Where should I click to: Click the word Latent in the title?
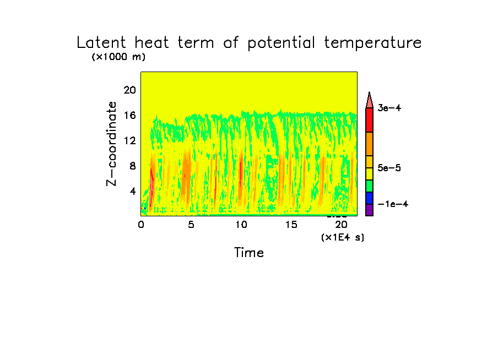(x=101, y=42)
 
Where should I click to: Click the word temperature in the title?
(x=372, y=42)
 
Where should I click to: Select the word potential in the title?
(x=281, y=43)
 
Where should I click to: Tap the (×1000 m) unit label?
(x=118, y=57)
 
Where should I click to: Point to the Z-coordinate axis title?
(x=111, y=144)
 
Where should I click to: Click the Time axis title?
(x=249, y=253)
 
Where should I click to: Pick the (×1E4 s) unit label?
(x=343, y=237)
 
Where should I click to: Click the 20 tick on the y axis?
(x=130, y=90)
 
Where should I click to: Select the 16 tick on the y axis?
(x=130, y=115)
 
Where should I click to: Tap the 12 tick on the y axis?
(x=130, y=140)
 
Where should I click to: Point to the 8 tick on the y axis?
(x=133, y=166)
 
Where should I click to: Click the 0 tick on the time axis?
(x=141, y=225)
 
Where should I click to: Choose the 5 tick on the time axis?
(x=191, y=225)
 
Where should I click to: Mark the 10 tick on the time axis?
(x=241, y=225)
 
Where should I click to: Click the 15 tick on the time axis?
(x=291, y=225)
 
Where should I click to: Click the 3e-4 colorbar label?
(x=389, y=108)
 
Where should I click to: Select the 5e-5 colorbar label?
(x=389, y=168)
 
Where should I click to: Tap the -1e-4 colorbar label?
(x=393, y=204)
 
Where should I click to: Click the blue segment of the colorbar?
(x=369, y=198)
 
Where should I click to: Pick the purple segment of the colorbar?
(x=369, y=210)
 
